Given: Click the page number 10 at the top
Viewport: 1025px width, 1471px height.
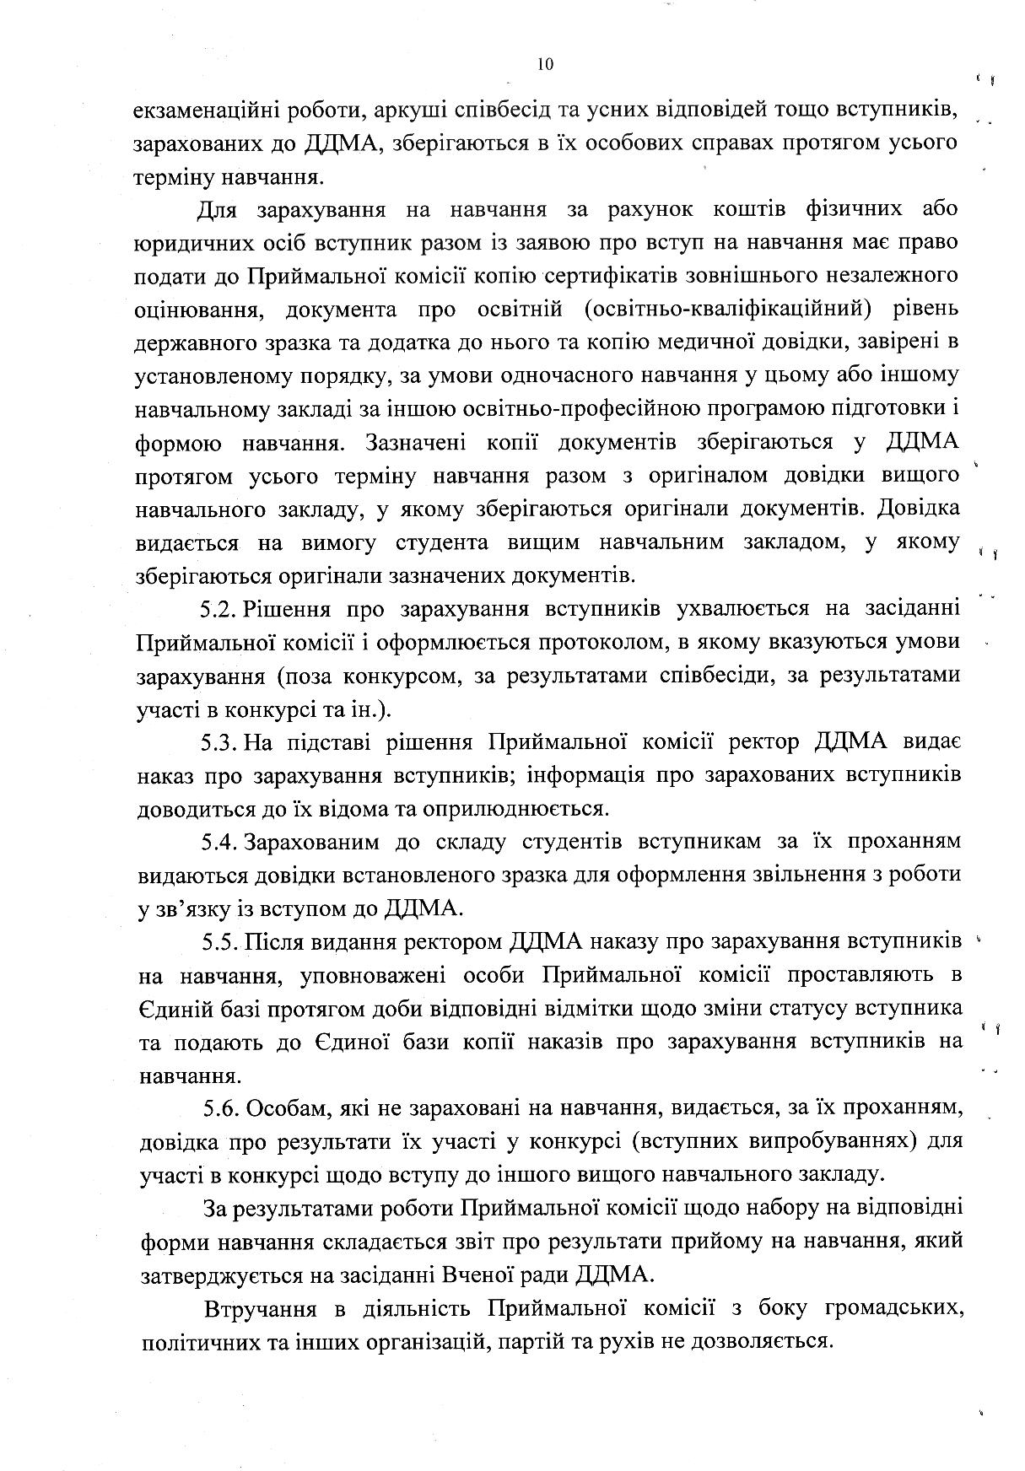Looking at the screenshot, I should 544,65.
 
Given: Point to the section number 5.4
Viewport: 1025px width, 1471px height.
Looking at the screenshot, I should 222,842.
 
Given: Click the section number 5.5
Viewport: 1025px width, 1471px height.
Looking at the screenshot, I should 222,941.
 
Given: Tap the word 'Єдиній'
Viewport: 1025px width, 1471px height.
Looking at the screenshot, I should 175,1009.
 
